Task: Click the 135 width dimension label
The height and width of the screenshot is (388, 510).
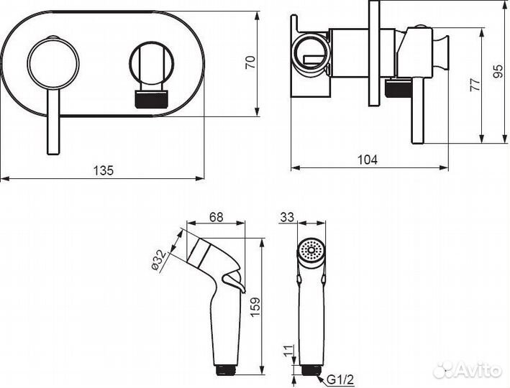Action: [104, 170]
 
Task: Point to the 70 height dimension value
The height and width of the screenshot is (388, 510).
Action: [251, 62]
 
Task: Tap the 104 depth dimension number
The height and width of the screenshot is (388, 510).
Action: [368, 160]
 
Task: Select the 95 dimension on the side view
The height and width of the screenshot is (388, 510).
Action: [498, 71]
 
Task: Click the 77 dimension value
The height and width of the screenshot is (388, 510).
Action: [475, 85]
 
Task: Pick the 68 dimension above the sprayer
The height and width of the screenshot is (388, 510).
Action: [217, 217]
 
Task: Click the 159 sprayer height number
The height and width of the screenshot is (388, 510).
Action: [255, 307]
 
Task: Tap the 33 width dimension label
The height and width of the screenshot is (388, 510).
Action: [287, 217]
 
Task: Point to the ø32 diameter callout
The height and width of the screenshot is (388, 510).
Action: [159, 260]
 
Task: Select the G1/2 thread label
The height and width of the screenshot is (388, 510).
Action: [340, 379]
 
